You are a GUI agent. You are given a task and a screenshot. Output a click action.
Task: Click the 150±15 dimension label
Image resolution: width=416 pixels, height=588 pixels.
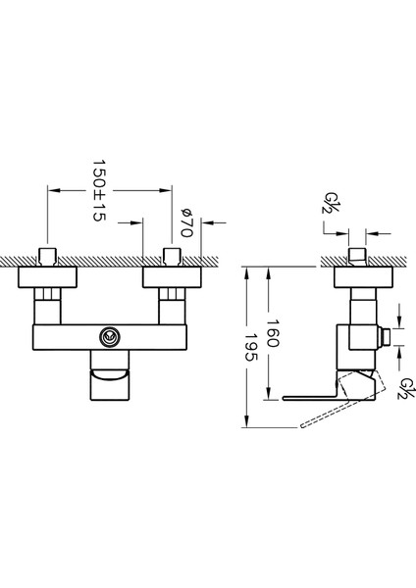[99, 190]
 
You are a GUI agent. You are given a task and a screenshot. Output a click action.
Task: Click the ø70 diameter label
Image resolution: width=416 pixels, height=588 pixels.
[187, 222]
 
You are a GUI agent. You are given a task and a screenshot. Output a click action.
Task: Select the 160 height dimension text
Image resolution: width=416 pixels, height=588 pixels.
[272, 333]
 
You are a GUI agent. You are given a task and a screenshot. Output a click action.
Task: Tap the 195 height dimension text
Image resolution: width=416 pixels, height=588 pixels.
[251, 348]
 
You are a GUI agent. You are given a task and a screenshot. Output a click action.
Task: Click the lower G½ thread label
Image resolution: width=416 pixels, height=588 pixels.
[406, 389]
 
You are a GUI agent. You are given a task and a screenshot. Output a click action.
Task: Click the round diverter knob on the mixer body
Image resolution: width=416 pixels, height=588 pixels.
[110, 336]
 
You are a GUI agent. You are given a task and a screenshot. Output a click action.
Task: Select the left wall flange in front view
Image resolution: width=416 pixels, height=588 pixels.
[47, 277]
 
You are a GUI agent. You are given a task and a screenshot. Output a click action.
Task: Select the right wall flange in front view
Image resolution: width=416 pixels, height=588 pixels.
[172, 277]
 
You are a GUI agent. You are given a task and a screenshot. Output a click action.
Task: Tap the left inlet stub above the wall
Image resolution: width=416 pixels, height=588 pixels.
[48, 257]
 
